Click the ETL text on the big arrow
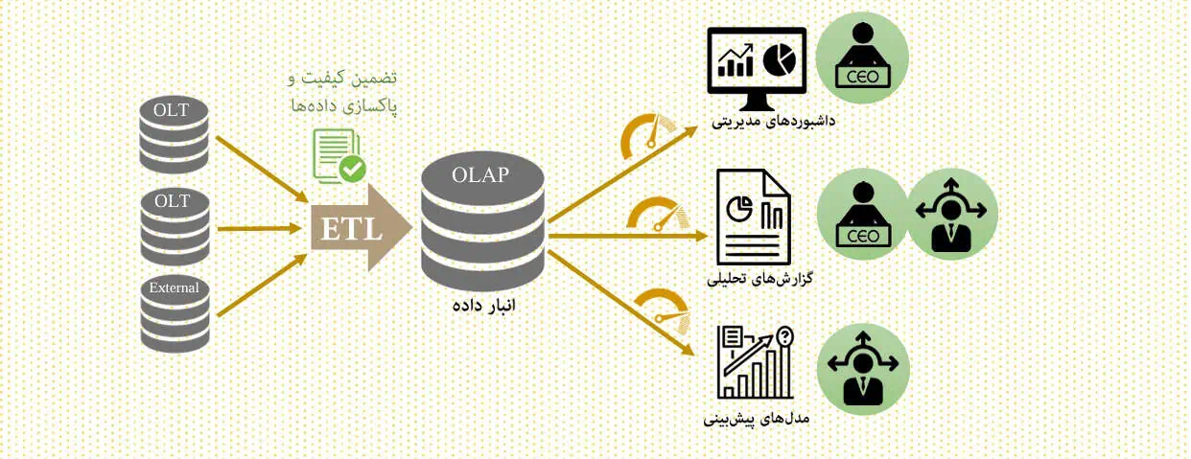click(352, 230)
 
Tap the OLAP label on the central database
click(480, 174)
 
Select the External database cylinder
click(175, 314)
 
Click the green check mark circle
click(353, 169)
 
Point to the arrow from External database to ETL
click(263, 286)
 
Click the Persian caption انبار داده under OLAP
click(484, 306)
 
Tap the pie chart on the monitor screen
click(779, 59)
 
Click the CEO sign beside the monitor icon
click(862, 77)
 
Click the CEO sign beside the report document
click(863, 236)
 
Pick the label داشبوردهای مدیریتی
click(773, 122)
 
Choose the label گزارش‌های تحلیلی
click(759, 279)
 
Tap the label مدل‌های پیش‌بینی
click(756, 419)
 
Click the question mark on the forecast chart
click(784, 336)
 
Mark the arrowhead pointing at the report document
click(701, 236)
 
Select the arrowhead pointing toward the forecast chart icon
click(689, 350)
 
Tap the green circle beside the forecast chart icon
click(862, 370)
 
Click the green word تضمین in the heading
click(378, 79)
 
